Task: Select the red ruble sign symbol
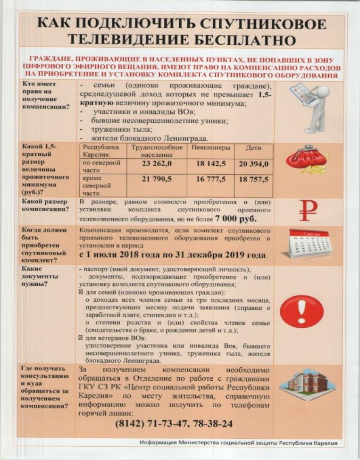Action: (x=308, y=211)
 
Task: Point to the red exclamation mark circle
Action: (x=301, y=311)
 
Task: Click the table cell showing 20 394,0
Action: (x=254, y=164)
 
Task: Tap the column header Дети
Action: (x=253, y=148)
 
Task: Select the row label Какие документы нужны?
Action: (x=40, y=276)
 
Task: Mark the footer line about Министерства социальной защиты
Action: (x=241, y=443)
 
